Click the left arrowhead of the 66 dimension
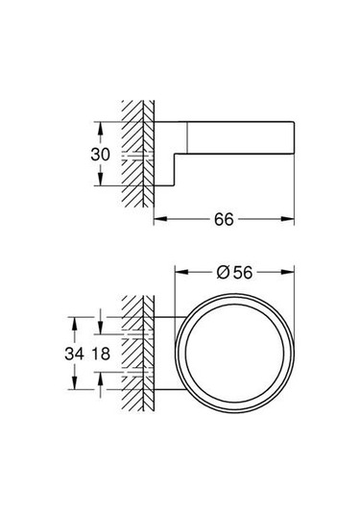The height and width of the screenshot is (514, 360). (158, 220)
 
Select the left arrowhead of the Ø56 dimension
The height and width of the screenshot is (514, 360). (180, 272)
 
